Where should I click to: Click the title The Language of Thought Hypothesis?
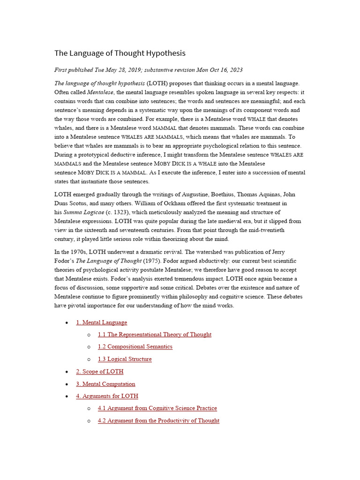coord(120,53)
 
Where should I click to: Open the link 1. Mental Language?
coord(101,322)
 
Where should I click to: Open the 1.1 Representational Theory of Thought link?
coord(154,335)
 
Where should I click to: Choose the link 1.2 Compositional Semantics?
coord(135,347)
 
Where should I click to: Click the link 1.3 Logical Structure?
coord(125,359)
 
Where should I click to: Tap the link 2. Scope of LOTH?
coord(100,372)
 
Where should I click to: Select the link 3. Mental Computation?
coord(105,384)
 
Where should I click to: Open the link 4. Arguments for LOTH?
coord(107,396)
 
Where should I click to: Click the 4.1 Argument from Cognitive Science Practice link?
coord(157,408)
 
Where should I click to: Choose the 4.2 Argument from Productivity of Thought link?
coord(158,420)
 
